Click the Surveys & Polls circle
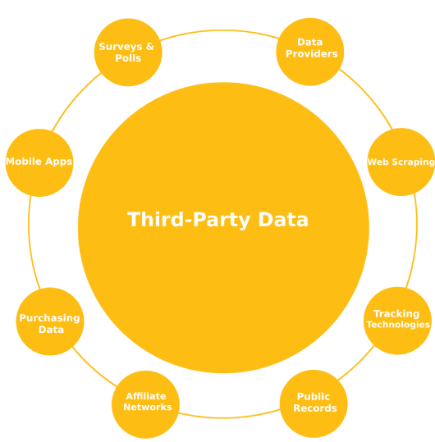[128, 52]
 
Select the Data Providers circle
[310, 52]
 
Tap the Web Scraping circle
[401, 162]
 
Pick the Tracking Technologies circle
[397, 321]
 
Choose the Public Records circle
[314, 403]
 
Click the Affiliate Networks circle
[145, 404]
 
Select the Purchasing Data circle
[50, 321]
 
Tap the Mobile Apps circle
[39, 162]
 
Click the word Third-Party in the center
[189, 220]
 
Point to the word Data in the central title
[283, 219]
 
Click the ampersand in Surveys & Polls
[150, 47]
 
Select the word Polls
[128, 58]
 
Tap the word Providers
[312, 53]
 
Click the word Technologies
[398, 325]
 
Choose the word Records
[315, 408]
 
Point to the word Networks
[148, 407]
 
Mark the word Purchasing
[49, 318]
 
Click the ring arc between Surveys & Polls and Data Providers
[219, 30]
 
